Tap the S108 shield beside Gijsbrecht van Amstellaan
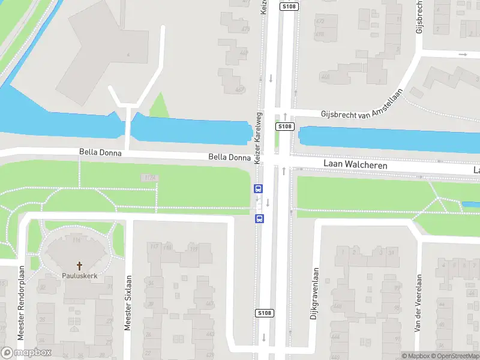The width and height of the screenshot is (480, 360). tap(285, 127)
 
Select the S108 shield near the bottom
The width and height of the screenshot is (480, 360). tap(265, 313)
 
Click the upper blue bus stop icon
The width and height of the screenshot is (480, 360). tap(259, 188)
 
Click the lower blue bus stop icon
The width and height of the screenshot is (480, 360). tap(259, 217)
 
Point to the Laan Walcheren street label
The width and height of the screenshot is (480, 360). tap(355, 164)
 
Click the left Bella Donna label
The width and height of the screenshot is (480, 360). tap(100, 153)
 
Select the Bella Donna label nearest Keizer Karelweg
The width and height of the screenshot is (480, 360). tap(229, 157)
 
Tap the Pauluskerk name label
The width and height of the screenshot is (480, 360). tap(79, 277)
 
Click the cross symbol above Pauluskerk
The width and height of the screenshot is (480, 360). tap(79, 265)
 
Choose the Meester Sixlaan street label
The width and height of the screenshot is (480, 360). tap(127, 303)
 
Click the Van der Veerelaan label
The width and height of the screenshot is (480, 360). tap(418, 303)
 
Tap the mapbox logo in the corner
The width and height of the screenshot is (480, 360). tap(27, 353)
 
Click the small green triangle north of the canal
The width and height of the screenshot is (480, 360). tap(159, 106)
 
